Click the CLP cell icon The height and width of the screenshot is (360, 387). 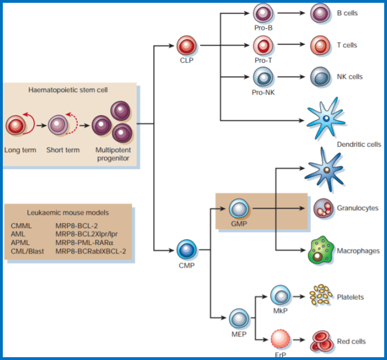pos(186,46)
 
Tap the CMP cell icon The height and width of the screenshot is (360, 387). pos(186,249)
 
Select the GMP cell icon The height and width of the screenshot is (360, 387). pos(239,209)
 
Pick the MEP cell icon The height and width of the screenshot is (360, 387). pos(239,318)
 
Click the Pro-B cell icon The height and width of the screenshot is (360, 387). pos(262,13)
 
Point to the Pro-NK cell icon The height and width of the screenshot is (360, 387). pos(262,76)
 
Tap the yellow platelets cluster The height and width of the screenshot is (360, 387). pos(321,296)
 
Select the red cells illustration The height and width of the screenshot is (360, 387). pos(322,340)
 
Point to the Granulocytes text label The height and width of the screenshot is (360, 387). pos(357,208)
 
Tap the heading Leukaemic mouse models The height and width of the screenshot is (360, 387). pos(68,213)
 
